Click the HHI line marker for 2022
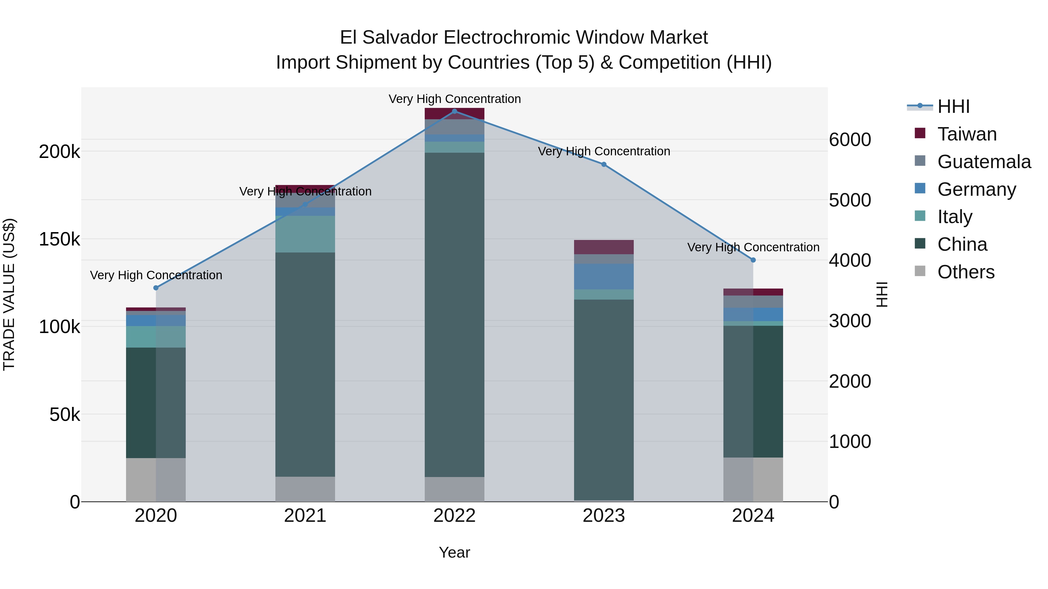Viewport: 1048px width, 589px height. tap(454, 111)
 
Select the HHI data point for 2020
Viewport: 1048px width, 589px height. tap(156, 288)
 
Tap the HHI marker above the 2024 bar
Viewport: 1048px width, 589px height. tap(753, 260)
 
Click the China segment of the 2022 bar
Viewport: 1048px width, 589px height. tap(454, 315)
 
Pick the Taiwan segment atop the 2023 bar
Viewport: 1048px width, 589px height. tap(604, 247)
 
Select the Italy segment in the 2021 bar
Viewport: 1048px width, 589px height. tap(305, 234)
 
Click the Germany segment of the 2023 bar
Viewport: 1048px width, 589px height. tap(604, 276)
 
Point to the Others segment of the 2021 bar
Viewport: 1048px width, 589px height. tap(305, 489)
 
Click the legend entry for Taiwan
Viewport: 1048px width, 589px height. tap(966, 134)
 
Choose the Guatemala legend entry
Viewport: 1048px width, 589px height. tap(984, 162)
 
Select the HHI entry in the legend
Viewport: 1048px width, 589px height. tap(953, 106)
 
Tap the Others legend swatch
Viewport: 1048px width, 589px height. tap(920, 271)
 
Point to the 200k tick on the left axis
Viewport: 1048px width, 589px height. tap(59, 152)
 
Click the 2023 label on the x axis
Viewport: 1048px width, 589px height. tap(604, 516)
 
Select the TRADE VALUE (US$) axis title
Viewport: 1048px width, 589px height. tap(9, 294)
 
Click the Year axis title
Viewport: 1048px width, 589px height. tap(454, 552)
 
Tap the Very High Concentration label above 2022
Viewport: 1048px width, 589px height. tap(454, 99)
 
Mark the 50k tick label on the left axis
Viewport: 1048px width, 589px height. tap(65, 414)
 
